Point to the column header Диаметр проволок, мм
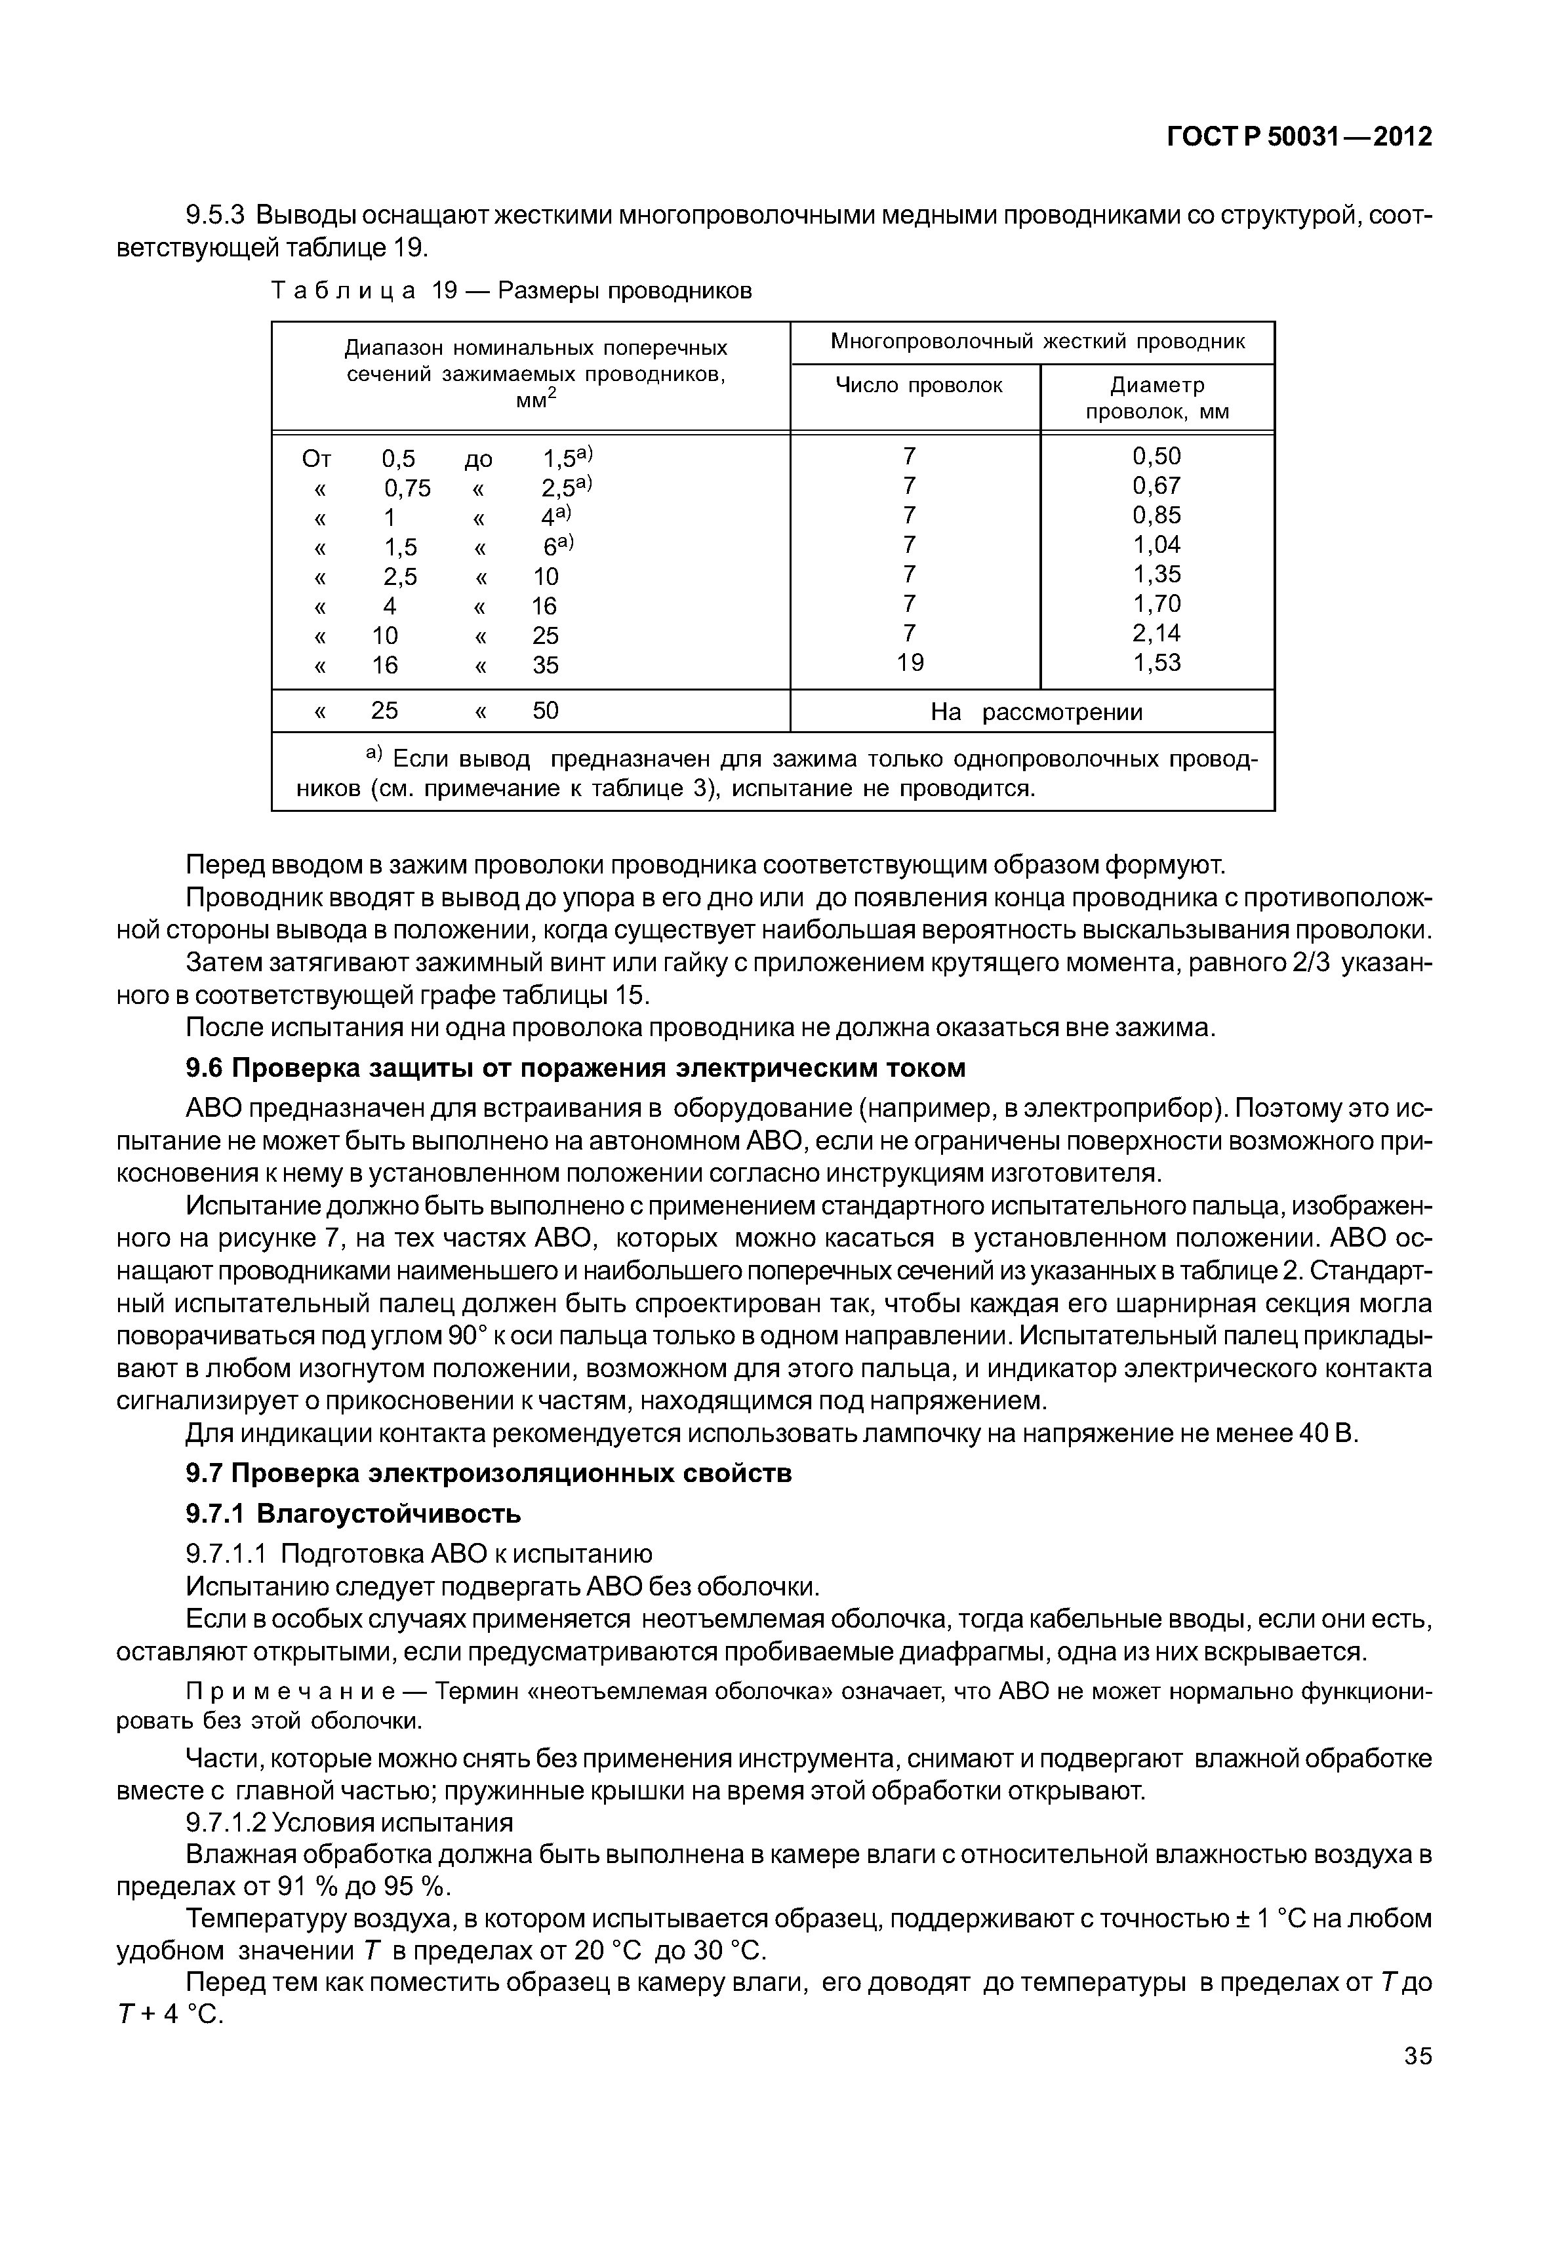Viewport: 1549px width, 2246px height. click(1157, 398)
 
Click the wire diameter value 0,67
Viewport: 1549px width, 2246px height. click(1157, 485)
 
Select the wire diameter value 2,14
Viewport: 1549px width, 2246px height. click(1157, 633)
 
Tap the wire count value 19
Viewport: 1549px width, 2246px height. click(910, 663)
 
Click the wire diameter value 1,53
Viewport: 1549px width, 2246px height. click(1157, 663)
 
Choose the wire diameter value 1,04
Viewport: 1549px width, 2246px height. click(1157, 544)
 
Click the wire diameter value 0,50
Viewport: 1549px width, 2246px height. click(1157, 456)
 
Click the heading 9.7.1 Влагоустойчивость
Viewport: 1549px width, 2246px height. click(353, 1514)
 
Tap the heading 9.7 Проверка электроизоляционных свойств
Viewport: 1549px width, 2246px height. click(488, 1474)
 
